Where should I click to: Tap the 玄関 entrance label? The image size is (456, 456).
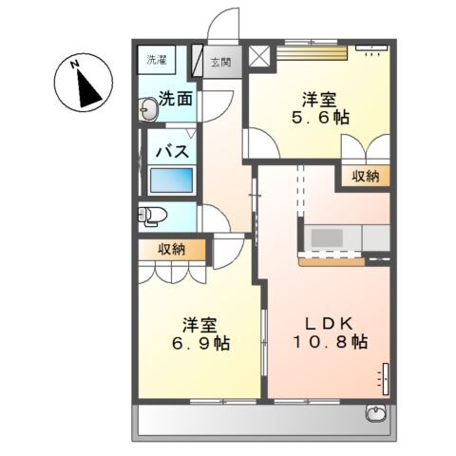tap(220, 62)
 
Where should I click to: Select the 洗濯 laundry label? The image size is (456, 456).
tap(156, 60)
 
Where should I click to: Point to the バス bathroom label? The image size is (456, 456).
tap(171, 151)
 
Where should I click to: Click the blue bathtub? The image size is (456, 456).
tap(172, 180)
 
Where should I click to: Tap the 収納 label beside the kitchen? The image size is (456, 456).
tap(366, 176)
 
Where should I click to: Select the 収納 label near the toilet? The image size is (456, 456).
tap(172, 249)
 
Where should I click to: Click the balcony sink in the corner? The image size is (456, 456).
tap(376, 414)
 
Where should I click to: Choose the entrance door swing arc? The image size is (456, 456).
tap(225, 24)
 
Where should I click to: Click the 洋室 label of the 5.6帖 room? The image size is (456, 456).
tap(319, 98)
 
